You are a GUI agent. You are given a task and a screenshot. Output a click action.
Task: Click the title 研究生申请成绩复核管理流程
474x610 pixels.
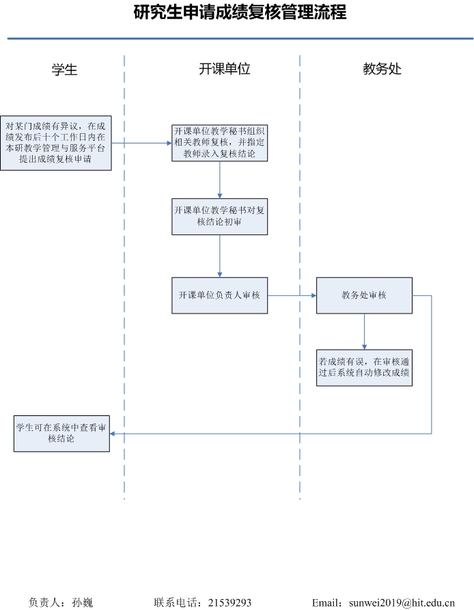point(240,12)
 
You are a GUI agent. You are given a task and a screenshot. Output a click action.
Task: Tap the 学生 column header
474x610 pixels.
point(65,70)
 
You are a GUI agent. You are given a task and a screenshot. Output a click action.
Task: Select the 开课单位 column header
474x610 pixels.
point(224,69)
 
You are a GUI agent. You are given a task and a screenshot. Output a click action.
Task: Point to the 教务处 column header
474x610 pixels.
point(382,69)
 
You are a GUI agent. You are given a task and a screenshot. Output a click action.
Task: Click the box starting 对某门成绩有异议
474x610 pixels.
point(56,143)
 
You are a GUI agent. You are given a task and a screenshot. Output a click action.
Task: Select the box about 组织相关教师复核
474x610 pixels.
point(220,143)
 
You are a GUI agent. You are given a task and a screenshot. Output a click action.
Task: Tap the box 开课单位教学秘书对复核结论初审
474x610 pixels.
point(220,217)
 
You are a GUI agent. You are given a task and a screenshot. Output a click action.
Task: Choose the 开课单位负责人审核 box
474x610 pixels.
point(220,295)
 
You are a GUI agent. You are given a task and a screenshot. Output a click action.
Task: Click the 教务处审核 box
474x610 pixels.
point(364,295)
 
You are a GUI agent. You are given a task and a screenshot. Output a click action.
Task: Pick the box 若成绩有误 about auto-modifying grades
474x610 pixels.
point(364,368)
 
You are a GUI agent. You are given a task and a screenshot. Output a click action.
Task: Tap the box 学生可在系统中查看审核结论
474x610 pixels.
point(62,433)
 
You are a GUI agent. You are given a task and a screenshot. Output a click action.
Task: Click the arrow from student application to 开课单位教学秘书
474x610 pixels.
point(141,143)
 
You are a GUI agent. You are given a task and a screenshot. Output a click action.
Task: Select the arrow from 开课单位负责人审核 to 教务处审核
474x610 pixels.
point(292,295)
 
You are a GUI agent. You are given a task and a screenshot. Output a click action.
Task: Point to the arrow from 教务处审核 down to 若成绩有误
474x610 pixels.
point(364,331)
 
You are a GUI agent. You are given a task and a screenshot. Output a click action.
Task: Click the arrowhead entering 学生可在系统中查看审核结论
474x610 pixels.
point(112,433)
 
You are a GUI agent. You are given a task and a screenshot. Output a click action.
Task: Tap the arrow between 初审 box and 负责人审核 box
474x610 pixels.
point(220,256)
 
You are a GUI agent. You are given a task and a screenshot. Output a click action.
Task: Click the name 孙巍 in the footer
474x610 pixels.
point(83,602)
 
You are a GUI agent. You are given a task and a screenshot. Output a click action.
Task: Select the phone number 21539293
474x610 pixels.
point(229,602)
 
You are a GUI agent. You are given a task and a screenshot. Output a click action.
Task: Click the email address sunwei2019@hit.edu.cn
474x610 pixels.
point(402,602)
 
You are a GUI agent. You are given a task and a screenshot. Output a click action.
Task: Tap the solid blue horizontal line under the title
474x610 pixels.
point(240,38)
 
